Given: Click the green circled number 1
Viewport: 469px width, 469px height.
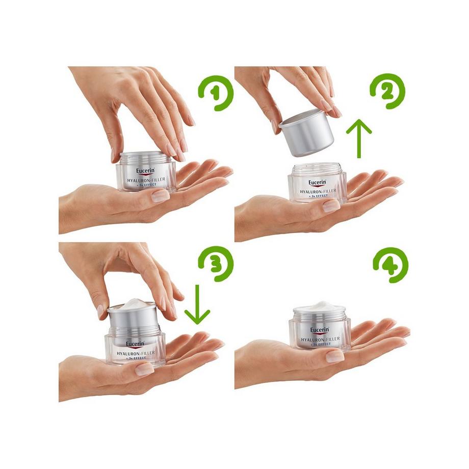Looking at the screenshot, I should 216,92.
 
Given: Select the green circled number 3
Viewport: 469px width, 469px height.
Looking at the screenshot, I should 215,264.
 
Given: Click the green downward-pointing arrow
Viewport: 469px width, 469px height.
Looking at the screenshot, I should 197,306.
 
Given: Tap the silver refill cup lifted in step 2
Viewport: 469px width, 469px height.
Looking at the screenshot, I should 306,132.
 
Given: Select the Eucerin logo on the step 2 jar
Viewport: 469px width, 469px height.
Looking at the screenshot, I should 319,183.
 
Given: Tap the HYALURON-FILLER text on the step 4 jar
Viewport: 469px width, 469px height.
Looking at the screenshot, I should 320,338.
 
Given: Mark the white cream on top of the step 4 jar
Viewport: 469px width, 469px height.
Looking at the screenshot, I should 319,306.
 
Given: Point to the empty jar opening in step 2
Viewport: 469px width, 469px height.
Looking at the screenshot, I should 317,168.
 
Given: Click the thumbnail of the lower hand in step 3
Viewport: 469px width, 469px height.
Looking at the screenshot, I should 144,369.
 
